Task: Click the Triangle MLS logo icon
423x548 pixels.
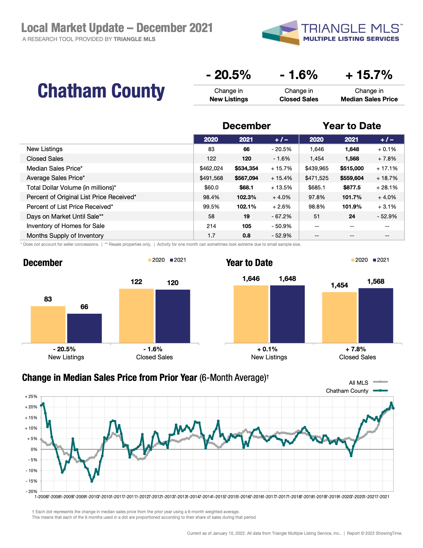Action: point(281,33)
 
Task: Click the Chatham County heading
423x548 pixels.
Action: point(101,91)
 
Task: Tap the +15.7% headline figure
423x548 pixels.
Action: point(369,75)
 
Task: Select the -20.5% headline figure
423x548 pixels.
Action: point(229,75)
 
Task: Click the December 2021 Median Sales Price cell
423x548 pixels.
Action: point(246,169)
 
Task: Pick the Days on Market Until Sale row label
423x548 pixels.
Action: point(65,217)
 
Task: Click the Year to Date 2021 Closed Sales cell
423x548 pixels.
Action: point(352,159)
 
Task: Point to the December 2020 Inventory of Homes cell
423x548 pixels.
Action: point(211,226)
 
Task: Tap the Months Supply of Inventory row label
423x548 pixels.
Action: point(65,236)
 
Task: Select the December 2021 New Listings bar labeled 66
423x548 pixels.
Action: point(85,328)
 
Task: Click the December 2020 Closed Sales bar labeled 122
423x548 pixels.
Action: point(136,316)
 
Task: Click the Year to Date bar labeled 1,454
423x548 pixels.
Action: point(340,318)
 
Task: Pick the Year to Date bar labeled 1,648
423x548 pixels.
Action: point(287,314)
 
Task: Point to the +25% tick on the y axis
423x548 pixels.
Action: point(31,397)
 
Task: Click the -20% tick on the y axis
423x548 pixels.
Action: point(31,492)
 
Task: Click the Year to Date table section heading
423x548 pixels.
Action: point(352,126)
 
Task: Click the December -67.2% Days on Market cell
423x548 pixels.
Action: point(281,217)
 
